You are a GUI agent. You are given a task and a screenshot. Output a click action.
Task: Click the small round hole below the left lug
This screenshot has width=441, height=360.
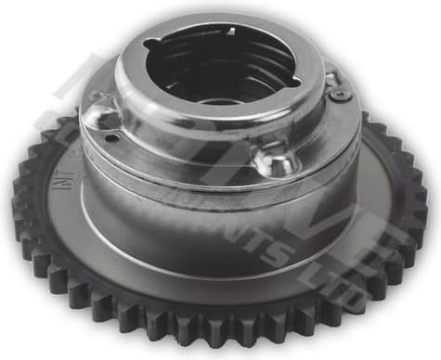[x=111, y=139]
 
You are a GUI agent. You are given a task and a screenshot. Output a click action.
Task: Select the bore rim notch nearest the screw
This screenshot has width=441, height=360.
[x=294, y=82]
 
